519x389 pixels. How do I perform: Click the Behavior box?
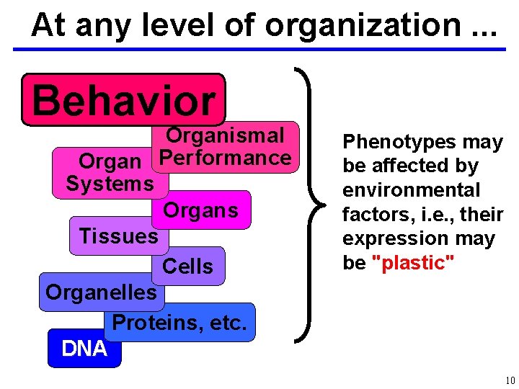123,99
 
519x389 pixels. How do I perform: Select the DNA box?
84,349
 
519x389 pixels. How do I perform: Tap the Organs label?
200,210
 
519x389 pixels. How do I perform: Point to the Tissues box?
118,236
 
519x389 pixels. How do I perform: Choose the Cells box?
187,267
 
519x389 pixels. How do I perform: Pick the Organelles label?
101,292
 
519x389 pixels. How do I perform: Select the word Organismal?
225,135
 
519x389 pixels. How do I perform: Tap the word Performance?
225,158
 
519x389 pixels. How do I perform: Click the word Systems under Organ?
110,184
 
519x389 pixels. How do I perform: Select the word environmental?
411,190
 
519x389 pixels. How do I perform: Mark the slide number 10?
510,380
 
